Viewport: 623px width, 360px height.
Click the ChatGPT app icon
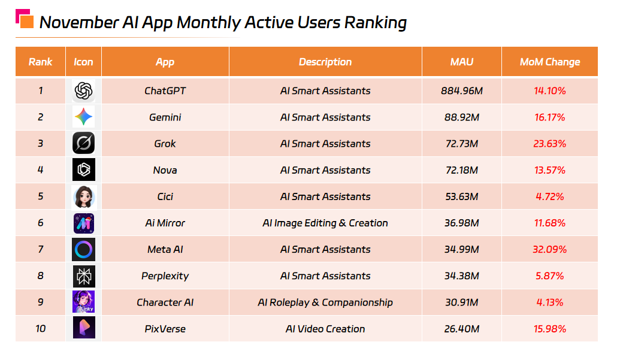(83, 91)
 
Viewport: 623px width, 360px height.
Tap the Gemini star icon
(83, 117)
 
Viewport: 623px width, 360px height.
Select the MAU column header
(461, 62)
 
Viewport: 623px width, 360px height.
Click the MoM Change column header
(549, 62)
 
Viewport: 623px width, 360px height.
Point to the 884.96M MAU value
(461, 91)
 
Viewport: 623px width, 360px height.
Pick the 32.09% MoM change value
(549, 249)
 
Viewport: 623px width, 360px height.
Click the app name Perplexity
(165, 276)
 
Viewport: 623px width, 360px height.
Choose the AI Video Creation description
(325, 329)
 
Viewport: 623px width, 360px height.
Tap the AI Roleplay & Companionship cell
(325, 302)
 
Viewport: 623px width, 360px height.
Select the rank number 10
(40, 329)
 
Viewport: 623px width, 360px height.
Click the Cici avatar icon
(83, 196)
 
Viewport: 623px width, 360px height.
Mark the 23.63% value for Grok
(549, 144)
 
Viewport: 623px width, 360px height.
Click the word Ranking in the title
(375, 23)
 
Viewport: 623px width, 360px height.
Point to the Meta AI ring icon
(83, 249)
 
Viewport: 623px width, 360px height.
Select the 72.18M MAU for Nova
(461, 170)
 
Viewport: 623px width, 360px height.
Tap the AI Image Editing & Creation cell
(325, 223)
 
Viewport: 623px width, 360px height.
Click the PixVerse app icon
(83, 329)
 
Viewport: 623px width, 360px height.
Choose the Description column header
(325, 62)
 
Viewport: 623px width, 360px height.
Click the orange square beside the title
(26, 22)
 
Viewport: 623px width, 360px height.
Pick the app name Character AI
(165, 302)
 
